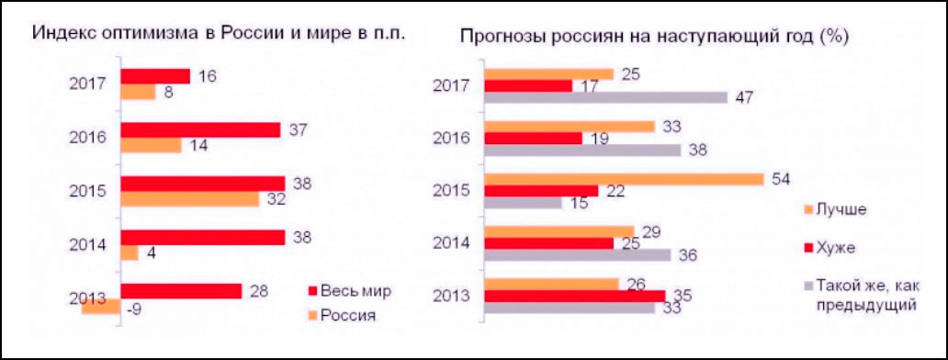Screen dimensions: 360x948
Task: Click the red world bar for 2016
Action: [x=200, y=130]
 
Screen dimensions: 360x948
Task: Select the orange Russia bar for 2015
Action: [x=190, y=198]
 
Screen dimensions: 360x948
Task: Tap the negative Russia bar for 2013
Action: [x=101, y=307]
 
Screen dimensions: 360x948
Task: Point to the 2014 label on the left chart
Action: [x=88, y=244]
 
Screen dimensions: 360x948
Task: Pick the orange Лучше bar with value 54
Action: [x=624, y=179]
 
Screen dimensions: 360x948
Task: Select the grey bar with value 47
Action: [x=606, y=96]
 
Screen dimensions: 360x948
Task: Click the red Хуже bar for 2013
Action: [x=575, y=296]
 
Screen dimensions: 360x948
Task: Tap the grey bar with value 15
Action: [x=523, y=203]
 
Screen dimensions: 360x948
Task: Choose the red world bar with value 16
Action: [x=155, y=76]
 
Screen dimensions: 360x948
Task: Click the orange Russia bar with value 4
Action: [x=129, y=253]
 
